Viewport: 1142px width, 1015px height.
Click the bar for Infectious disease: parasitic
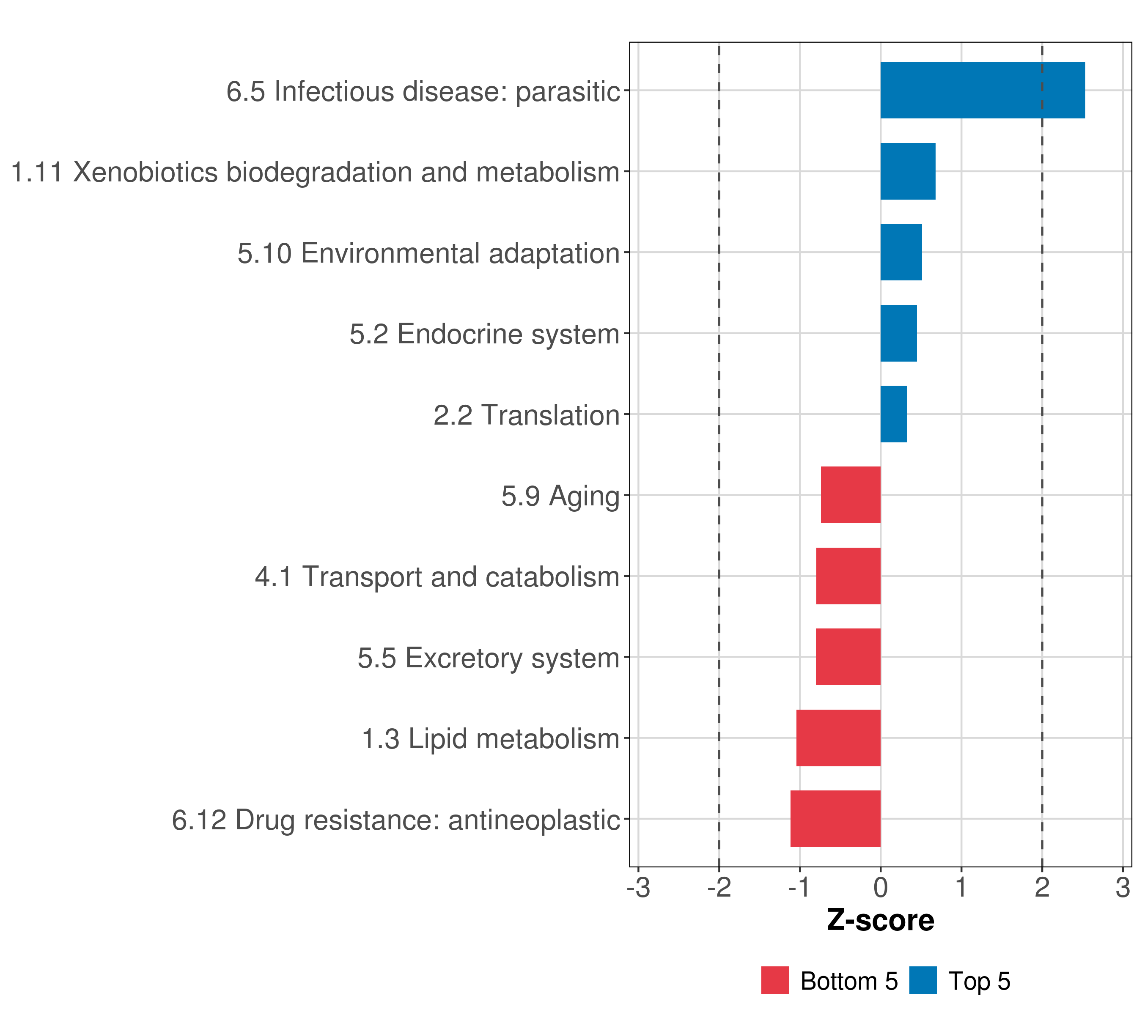tap(982, 91)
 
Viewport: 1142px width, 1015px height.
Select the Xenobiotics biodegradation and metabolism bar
tap(907, 172)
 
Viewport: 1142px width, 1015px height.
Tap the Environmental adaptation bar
tap(900, 252)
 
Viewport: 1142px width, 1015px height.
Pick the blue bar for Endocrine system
tap(898, 334)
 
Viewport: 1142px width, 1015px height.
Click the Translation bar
tap(893, 414)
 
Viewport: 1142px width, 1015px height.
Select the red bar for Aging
tap(850, 495)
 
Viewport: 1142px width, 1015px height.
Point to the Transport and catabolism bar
tap(848, 576)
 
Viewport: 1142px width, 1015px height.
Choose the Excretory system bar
tap(848, 657)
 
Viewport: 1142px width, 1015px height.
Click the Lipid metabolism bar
tap(838, 738)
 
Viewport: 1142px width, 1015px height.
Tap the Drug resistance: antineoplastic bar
tap(835, 819)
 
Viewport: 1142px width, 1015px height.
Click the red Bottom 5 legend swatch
tap(775, 981)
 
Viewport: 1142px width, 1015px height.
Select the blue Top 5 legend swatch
tap(923, 981)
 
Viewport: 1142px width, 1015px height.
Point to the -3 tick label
tap(639, 888)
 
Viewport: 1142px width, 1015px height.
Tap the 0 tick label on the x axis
tap(881, 888)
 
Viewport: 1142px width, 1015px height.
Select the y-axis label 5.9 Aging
tap(560, 496)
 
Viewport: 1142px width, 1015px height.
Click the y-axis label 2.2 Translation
tap(526, 415)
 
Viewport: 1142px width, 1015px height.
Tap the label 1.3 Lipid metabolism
tap(491, 738)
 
